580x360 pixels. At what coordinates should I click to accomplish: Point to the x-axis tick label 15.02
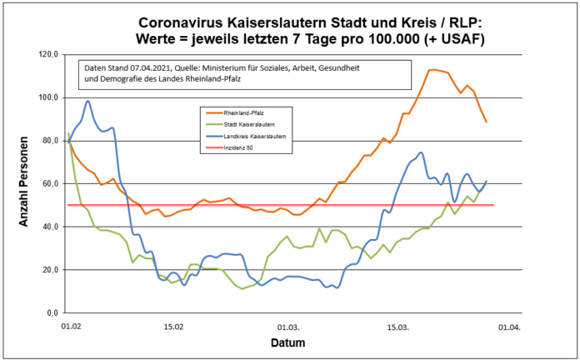click(173, 327)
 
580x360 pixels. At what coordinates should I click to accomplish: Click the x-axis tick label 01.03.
click(288, 327)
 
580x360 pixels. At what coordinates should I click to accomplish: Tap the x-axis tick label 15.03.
click(397, 327)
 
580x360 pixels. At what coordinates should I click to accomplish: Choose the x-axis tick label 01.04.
click(510, 327)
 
